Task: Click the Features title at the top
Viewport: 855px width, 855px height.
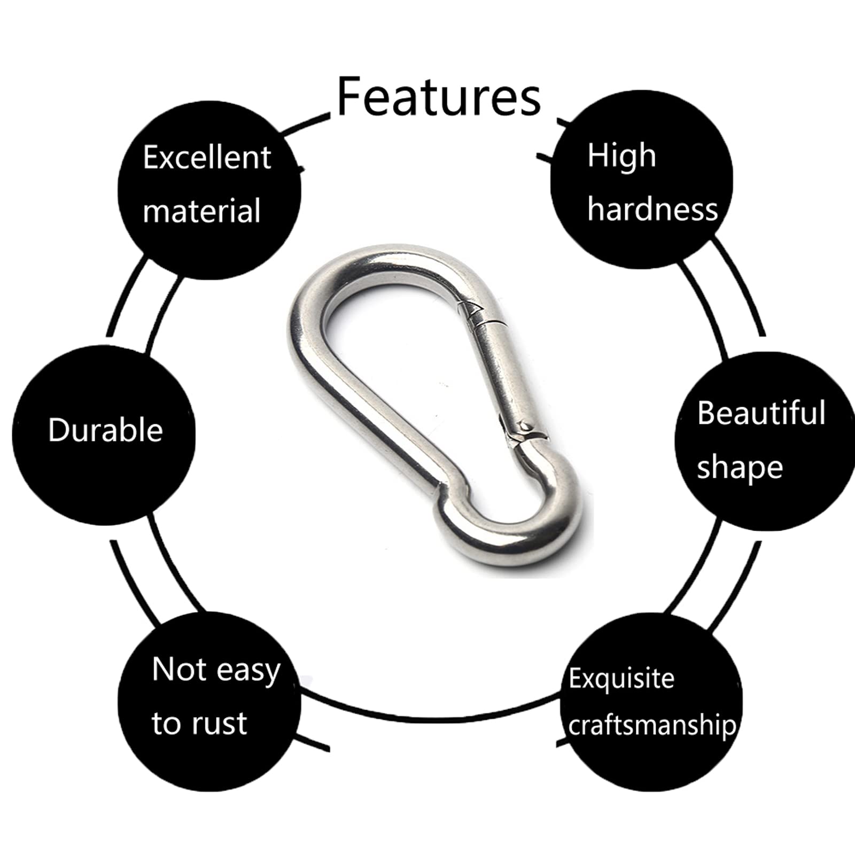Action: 439,97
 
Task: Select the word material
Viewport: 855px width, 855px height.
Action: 201,211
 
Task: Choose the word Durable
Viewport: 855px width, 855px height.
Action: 105,430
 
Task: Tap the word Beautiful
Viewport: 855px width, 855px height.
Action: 761,413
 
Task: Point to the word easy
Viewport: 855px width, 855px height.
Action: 248,671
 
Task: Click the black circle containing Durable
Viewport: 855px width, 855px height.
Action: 104,436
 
